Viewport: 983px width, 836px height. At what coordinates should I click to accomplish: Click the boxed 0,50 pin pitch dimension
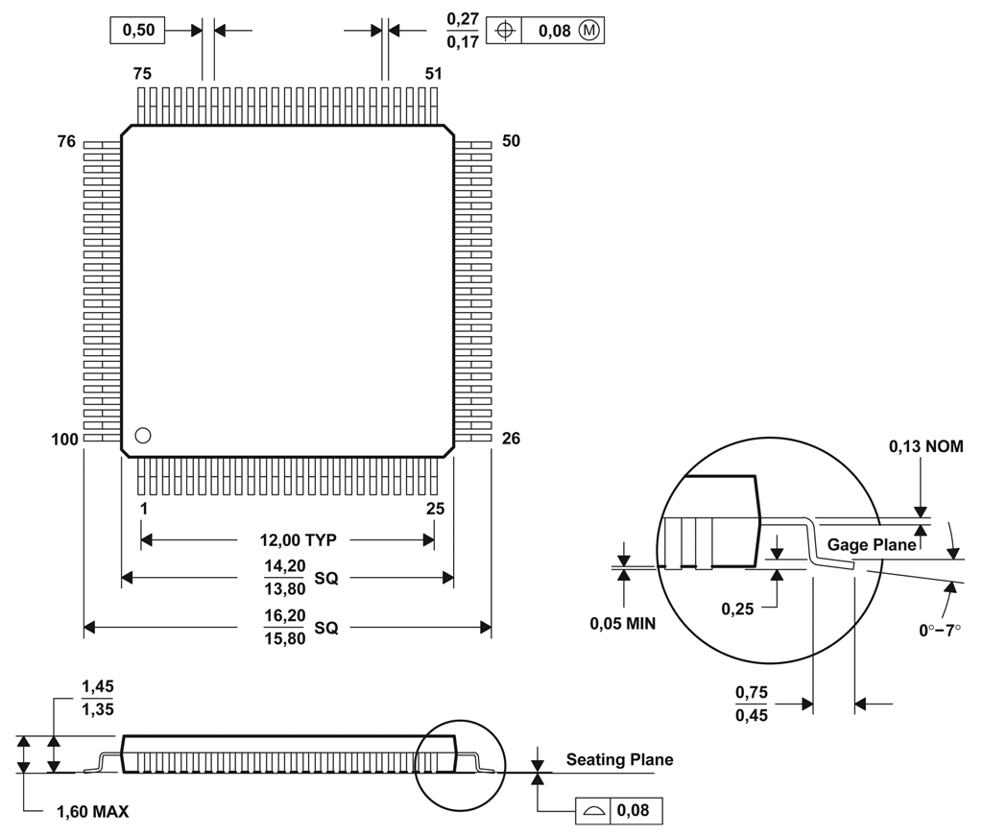(x=138, y=31)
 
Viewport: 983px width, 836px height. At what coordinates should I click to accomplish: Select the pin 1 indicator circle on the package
(x=143, y=435)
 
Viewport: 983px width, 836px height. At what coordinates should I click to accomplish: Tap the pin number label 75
(x=142, y=73)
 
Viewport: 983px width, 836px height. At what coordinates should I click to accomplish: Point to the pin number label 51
(x=433, y=73)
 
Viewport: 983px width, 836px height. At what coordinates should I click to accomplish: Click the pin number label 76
(x=65, y=142)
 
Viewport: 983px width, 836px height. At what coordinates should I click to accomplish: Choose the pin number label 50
(x=511, y=141)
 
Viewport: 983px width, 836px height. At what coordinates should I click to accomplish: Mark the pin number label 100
(x=64, y=440)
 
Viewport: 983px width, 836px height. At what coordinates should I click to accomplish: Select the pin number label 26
(x=511, y=439)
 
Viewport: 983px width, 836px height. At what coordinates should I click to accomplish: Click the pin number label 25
(x=435, y=509)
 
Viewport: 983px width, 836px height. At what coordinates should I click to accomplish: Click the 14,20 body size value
(x=284, y=566)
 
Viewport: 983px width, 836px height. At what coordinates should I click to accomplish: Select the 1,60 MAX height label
(x=92, y=812)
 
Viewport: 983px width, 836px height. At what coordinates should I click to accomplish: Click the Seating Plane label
(x=619, y=760)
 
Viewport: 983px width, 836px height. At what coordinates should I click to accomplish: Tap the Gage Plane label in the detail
(x=872, y=544)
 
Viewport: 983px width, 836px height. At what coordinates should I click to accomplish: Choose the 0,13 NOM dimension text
(x=925, y=446)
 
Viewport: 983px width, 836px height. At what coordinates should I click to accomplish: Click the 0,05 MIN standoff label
(x=622, y=624)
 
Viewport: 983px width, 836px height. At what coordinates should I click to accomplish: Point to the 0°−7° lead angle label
(x=940, y=630)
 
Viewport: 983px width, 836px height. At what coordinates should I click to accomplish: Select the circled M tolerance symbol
(x=589, y=31)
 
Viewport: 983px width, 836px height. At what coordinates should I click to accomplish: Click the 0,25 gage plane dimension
(x=738, y=609)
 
